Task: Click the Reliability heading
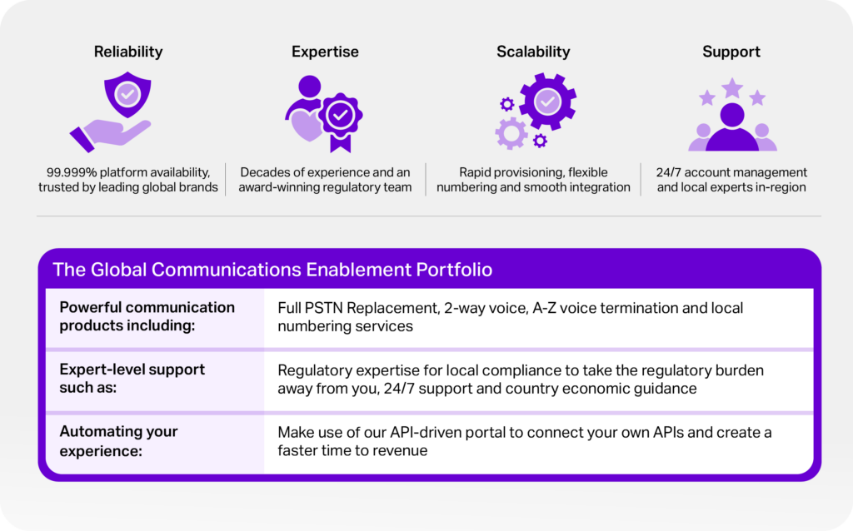click(128, 52)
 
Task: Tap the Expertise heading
click(325, 52)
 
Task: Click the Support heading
click(731, 52)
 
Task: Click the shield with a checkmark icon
click(127, 95)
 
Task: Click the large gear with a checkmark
click(547, 102)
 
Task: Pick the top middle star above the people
click(732, 87)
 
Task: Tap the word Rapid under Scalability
click(476, 172)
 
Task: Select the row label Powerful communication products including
click(147, 316)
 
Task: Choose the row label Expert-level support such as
click(132, 379)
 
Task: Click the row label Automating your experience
click(118, 441)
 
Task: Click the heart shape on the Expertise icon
click(305, 126)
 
